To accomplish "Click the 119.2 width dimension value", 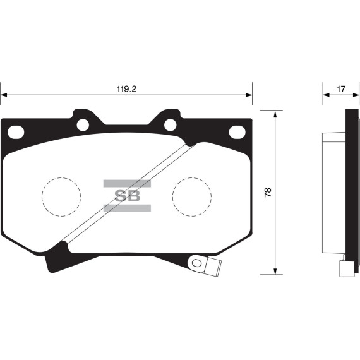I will point(126,89).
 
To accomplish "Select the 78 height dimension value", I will point(268,193).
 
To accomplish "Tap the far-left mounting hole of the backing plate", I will point(16,132).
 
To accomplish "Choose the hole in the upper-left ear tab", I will point(83,124).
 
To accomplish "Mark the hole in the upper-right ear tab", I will point(170,124).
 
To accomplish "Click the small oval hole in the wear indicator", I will point(196,263).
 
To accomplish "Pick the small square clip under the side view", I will point(345,269).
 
